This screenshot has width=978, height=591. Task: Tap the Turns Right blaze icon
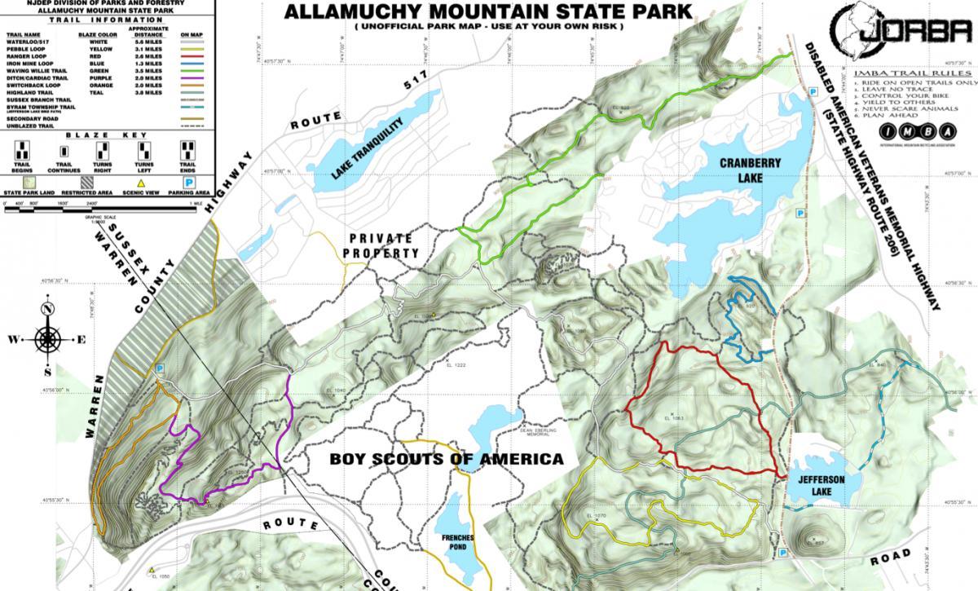click(x=103, y=151)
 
